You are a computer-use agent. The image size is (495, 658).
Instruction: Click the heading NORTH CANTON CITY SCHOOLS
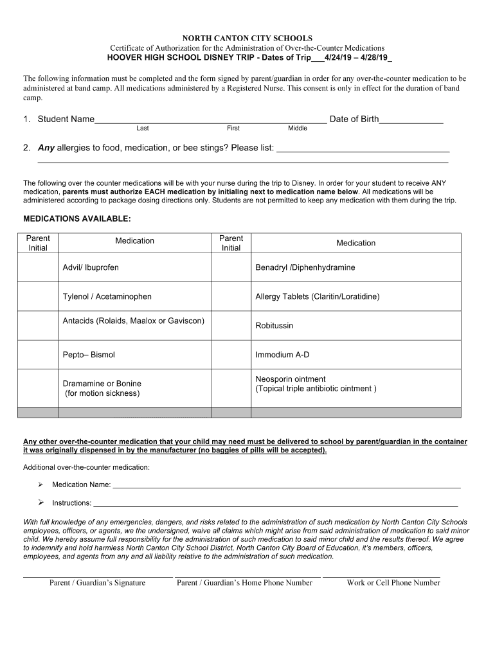(x=247, y=39)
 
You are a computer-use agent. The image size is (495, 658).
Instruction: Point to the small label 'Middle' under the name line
(x=298, y=129)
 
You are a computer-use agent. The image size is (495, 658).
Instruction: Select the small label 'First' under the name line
(x=233, y=129)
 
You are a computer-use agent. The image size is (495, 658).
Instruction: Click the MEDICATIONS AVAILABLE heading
(x=77, y=219)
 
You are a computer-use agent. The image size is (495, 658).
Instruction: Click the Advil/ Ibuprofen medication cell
(x=91, y=267)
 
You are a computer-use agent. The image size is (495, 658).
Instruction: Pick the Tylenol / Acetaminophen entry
(x=107, y=297)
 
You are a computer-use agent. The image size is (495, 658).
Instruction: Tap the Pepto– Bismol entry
(x=89, y=355)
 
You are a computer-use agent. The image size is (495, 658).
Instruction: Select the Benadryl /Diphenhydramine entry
(x=305, y=267)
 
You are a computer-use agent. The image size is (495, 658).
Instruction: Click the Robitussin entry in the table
(x=274, y=326)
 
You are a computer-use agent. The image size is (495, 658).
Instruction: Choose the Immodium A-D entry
(x=282, y=355)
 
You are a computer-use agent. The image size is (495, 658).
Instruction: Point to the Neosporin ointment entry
(x=291, y=379)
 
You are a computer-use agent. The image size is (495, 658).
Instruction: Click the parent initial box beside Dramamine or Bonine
(x=38, y=388)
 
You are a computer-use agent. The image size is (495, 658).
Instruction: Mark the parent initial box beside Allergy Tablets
(x=231, y=297)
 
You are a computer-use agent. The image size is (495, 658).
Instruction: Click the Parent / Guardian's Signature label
(x=97, y=583)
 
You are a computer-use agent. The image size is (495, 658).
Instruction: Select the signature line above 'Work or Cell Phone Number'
(x=381, y=576)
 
